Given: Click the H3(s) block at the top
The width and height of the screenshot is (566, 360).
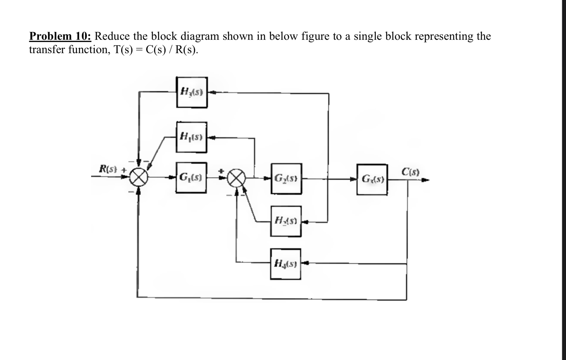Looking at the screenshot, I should coord(192,92).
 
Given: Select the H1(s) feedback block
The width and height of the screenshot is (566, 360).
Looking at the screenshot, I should coord(191,137).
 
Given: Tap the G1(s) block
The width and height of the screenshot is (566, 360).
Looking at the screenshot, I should coord(191,178).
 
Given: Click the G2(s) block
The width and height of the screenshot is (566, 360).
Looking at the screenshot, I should coord(286,178).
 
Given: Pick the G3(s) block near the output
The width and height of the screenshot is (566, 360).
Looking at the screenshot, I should coord(372,179).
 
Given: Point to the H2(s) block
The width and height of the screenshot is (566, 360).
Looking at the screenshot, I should coord(286,221).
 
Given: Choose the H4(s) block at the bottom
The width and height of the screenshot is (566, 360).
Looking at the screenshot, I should coord(286,264).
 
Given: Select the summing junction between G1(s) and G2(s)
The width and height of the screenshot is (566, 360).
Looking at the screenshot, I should coord(236,178).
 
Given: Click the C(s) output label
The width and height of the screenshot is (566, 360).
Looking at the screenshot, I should coord(410,172).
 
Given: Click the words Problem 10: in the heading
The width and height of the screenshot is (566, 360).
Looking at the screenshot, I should coord(60,36).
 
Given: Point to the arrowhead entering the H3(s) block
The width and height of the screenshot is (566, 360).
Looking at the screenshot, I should coord(212,92).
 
